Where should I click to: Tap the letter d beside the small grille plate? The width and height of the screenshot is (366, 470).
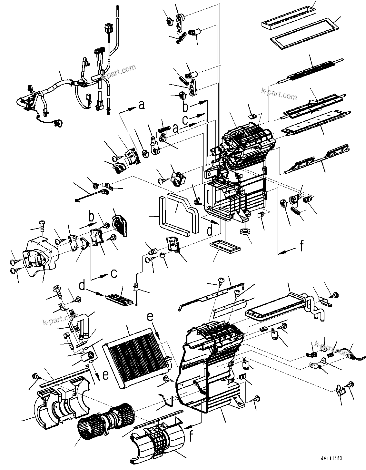(83, 285)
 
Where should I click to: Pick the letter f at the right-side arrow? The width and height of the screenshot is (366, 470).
(301, 246)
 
